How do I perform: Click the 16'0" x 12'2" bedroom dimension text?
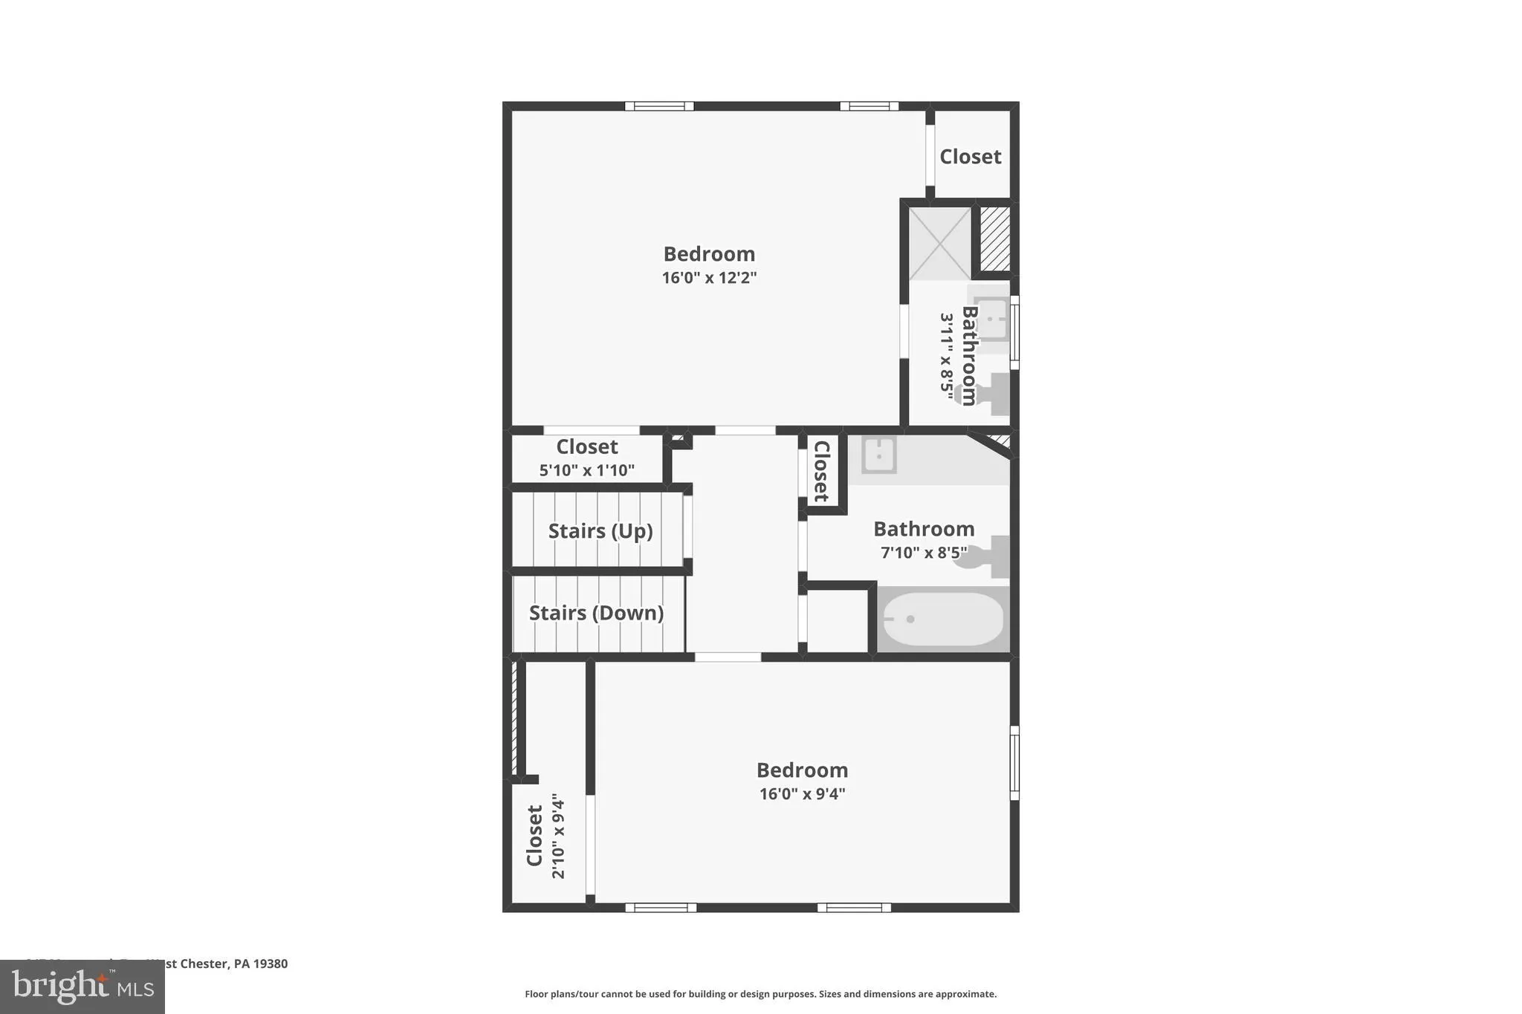click(x=709, y=279)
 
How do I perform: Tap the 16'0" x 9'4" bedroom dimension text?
click(x=802, y=794)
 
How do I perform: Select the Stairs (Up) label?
click(x=600, y=531)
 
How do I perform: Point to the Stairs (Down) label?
click(x=596, y=613)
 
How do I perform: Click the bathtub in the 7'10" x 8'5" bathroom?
click(x=942, y=619)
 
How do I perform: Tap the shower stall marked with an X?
click(x=939, y=243)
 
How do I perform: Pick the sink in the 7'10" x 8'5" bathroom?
click(x=878, y=454)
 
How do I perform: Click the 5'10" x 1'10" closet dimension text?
click(x=586, y=470)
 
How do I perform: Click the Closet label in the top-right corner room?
click(x=970, y=157)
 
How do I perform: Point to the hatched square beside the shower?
click(x=994, y=238)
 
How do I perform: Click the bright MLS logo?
click(x=82, y=987)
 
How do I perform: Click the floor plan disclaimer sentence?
click(x=760, y=994)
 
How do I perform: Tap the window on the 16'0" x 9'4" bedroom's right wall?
click(x=1014, y=763)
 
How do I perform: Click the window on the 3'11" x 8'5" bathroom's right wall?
click(x=1014, y=332)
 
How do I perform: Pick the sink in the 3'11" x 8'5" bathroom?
click(x=991, y=317)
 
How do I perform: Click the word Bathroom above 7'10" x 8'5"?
click(x=923, y=529)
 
